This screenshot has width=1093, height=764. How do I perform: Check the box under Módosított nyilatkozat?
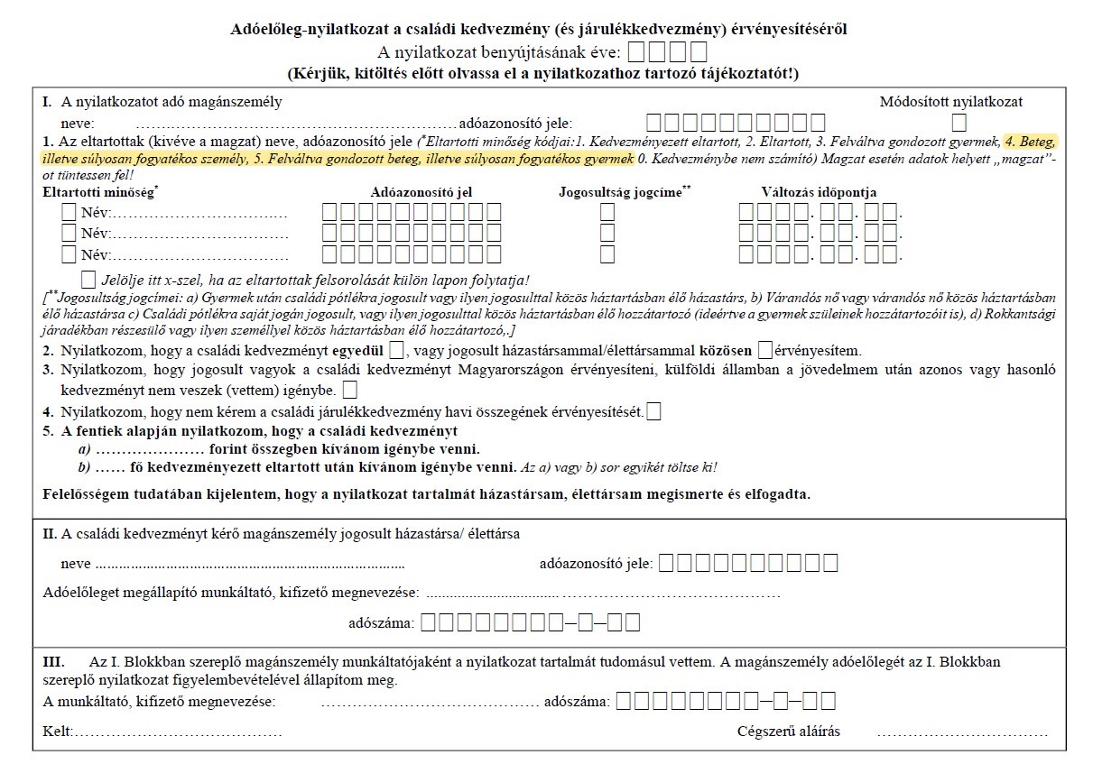point(959,123)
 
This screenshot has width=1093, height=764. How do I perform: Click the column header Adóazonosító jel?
point(421,192)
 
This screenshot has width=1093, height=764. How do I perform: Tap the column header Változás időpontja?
point(819,192)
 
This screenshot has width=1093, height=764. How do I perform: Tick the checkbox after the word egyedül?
point(397,350)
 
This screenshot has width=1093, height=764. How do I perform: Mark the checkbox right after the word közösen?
point(766,350)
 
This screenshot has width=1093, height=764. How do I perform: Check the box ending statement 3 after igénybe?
point(350,391)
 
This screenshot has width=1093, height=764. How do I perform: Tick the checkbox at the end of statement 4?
point(653,412)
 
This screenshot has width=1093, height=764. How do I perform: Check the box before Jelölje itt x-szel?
point(88,279)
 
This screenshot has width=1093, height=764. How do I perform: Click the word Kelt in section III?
point(57,732)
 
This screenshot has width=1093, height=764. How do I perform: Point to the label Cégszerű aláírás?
point(789,732)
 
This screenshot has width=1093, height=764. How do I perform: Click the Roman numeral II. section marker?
point(50,534)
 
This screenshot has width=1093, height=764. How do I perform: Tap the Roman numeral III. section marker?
point(54,662)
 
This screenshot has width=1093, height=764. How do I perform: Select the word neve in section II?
point(75,564)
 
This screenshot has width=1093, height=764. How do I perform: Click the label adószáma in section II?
point(381,622)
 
